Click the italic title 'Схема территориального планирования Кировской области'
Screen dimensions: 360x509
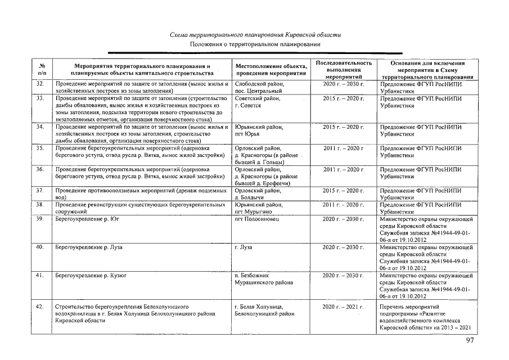[x=255, y=35]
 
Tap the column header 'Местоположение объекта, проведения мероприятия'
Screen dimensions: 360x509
[x=271, y=70]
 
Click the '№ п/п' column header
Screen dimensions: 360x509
[x=42, y=70]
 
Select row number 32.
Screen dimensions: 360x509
[x=40, y=84]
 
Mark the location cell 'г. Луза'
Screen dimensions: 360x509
[x=244, y=247]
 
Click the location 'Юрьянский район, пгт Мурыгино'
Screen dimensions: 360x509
[x=258, y=208]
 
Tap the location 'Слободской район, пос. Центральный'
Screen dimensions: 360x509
[x=258, y=87]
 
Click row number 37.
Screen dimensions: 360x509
[x=40, y=191]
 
